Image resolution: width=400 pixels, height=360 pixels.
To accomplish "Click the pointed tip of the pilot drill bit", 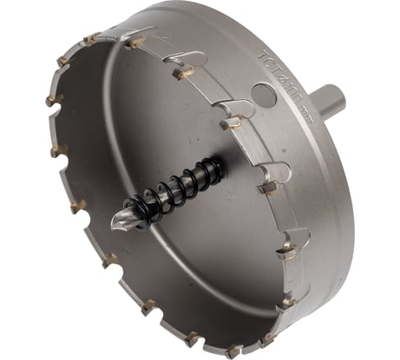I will point(113,228).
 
